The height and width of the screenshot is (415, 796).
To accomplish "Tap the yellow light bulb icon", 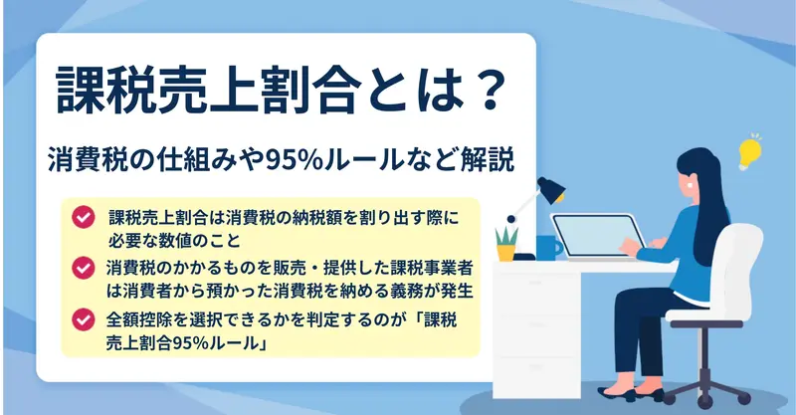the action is [x=749, y=152].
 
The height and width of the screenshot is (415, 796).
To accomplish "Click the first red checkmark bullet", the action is [x=84, y=217].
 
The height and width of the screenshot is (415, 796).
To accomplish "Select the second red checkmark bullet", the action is [x=84, y=268].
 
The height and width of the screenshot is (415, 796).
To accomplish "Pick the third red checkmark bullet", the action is [x=84, y=319].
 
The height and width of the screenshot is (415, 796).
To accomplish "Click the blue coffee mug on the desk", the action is [x=548, y=248].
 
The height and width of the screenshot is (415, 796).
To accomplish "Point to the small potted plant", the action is [x=506, y=243].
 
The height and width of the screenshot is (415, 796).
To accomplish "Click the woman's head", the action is [x=697, y=172].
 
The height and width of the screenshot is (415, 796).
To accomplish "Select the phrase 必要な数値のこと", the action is [x=174, y=240].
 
